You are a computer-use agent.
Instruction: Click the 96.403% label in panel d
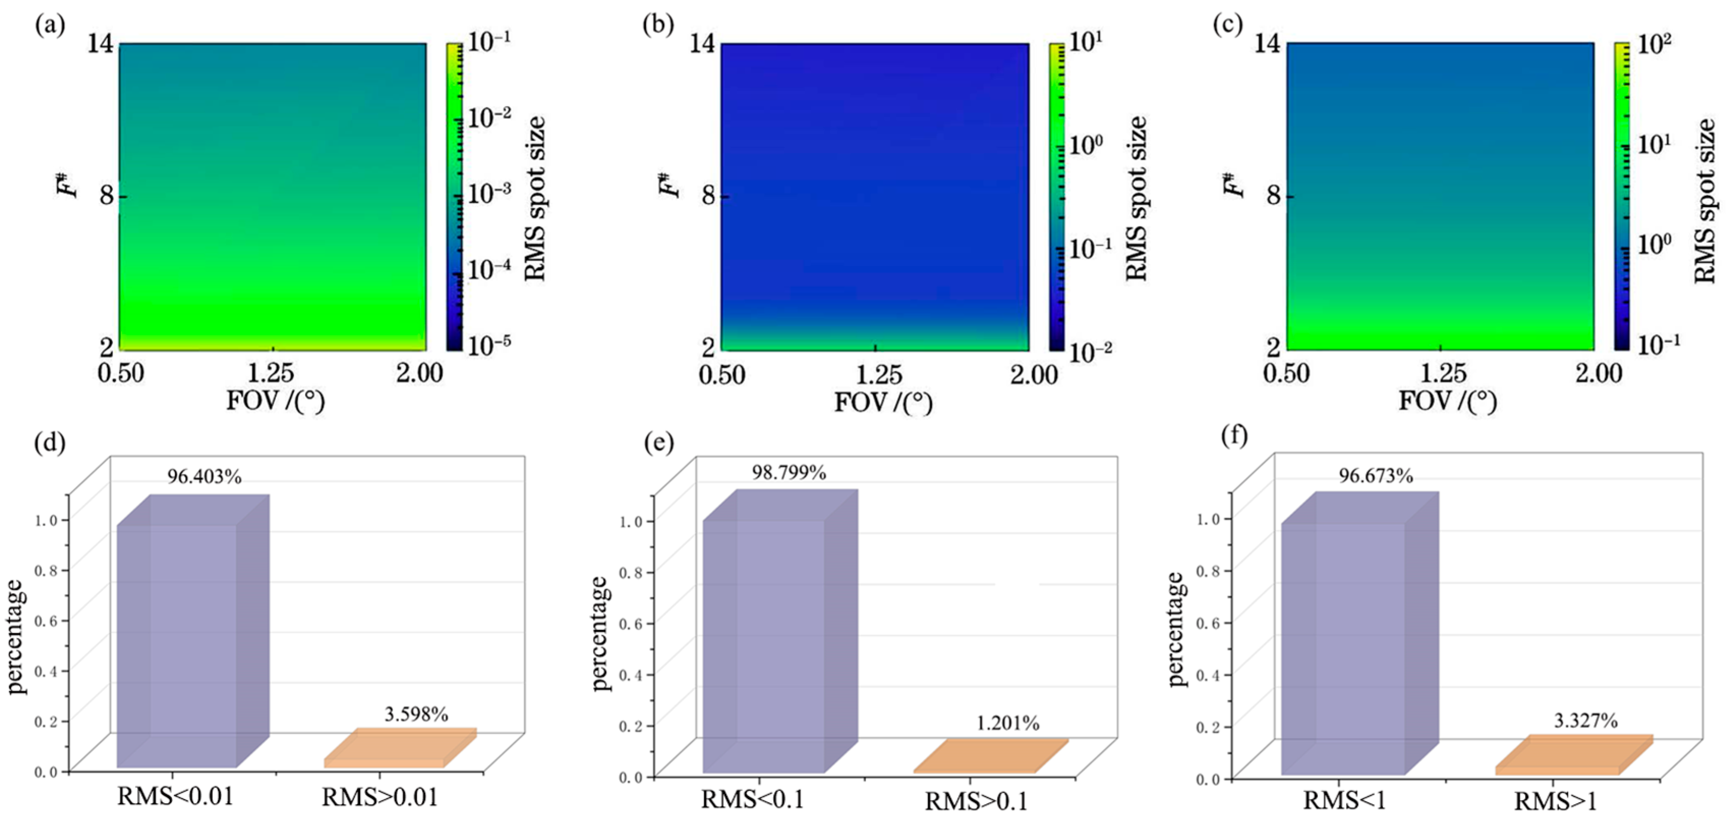point(204,477)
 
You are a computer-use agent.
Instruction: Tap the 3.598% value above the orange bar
point(416,714)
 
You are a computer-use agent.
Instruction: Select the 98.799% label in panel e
point(789,473)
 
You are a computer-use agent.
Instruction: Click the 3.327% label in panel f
point(1585,721)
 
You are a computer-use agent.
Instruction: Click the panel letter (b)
point(658,25)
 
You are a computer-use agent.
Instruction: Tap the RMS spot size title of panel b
point(1136,198)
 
